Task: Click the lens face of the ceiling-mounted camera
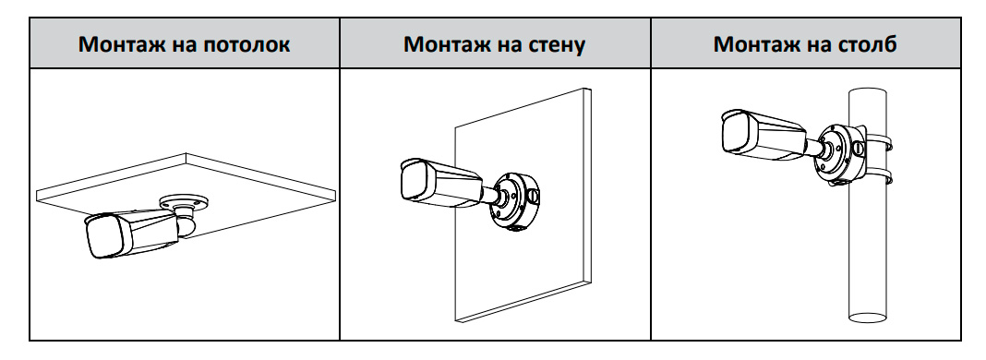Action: (x=108, y=236)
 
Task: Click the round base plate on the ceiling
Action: (x=184, y=201)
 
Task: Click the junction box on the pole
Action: (x=840, y=153)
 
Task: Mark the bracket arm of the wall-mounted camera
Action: (x=488, y=195)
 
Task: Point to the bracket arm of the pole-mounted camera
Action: (x=814, y=147)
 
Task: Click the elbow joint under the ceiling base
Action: (x=186, y=223)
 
